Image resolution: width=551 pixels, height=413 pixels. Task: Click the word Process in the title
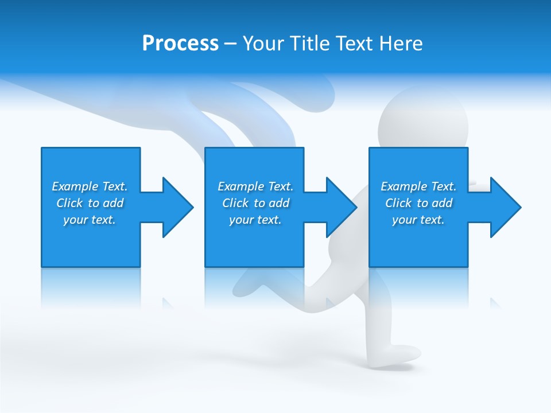180,44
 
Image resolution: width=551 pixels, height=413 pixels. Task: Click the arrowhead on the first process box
177,207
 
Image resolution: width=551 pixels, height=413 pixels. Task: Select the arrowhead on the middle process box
340,207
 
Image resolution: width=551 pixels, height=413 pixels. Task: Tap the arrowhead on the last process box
505,207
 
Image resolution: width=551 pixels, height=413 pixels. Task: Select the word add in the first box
114,203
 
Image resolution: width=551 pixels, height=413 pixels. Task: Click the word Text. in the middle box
280,186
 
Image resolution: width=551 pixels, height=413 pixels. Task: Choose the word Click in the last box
399,203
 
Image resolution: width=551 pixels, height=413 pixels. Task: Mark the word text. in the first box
103,220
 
